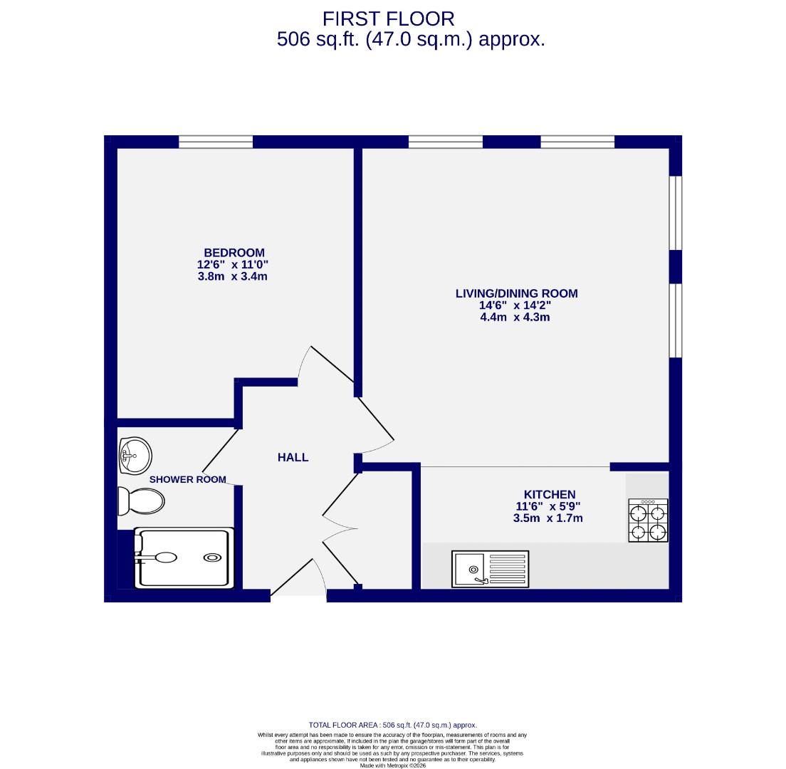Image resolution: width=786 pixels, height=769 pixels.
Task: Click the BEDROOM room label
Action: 234,253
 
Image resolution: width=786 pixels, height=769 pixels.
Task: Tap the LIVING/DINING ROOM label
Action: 516,293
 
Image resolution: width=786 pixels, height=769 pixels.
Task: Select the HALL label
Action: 293,457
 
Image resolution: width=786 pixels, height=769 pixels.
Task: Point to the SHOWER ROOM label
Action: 187,480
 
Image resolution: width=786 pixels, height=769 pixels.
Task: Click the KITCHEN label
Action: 549,494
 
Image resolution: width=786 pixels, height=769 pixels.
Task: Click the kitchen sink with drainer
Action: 490,569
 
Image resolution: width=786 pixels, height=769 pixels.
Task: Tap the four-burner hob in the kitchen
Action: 648,520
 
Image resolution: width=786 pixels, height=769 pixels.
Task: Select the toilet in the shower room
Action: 141,501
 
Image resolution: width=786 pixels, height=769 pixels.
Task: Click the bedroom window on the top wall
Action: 216,142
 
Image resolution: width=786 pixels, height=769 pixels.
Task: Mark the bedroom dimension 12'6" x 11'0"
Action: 232,264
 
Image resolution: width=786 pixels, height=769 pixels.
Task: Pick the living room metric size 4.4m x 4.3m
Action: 515,317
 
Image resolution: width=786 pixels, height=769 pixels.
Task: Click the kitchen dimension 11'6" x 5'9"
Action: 548,506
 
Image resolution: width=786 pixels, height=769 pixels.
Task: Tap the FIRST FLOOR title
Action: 388,19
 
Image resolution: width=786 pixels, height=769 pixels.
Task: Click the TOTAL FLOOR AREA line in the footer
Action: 392,725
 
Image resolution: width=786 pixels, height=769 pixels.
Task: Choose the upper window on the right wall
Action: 676,213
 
